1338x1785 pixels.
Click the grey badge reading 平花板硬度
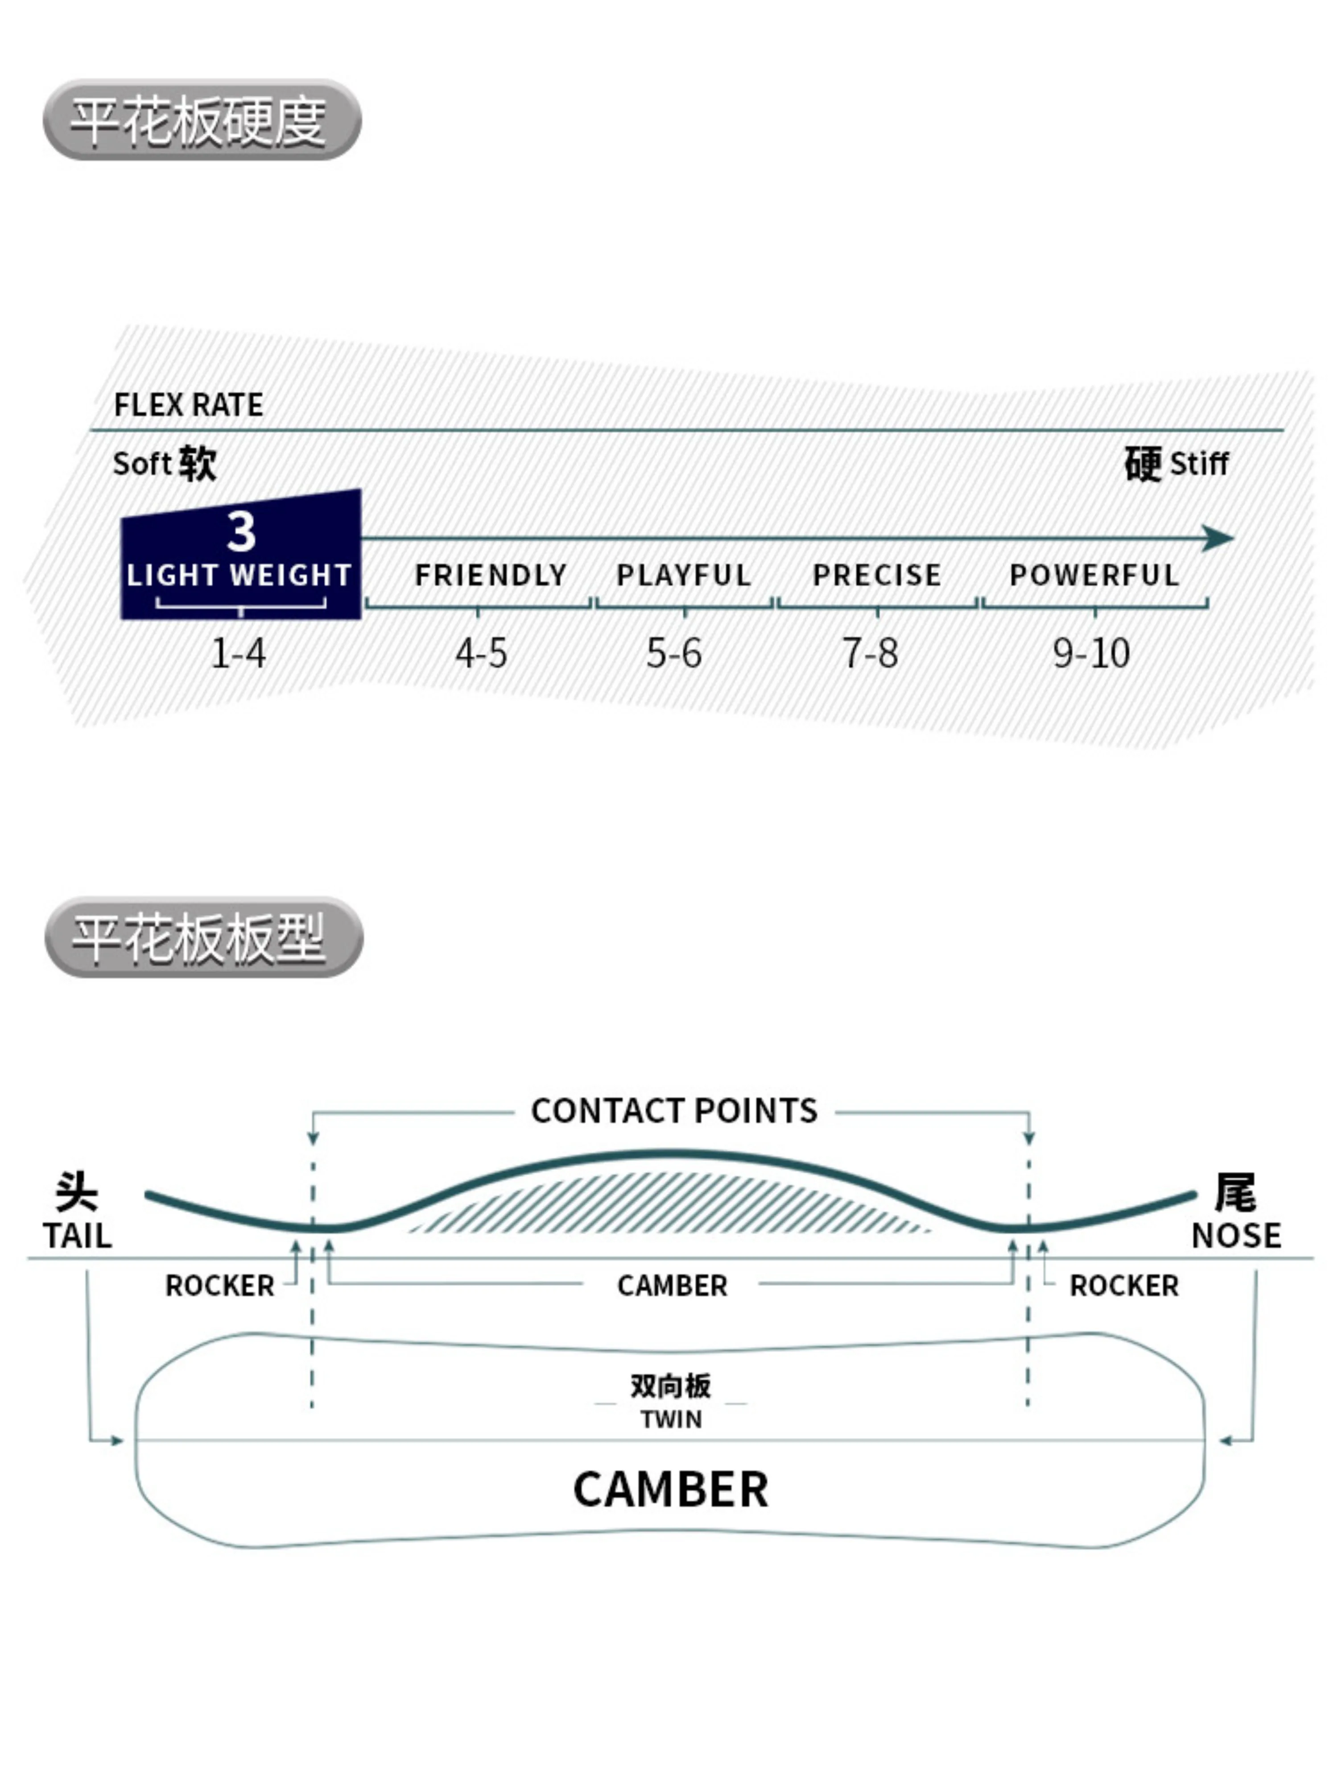pos(202,120)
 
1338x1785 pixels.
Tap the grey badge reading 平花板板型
pos(203,937)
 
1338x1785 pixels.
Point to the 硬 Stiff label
pos(1176,463)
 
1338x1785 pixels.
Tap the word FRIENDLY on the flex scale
pos(490,575)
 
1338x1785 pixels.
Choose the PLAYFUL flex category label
pos(684,575)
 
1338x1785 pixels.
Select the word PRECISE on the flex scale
pos(877,575)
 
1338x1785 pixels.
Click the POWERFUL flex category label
pos(1094,575)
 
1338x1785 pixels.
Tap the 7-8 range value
pos(869,653)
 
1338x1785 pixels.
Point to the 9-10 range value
pos(1091,653)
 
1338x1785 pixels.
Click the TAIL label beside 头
pos(78,1236)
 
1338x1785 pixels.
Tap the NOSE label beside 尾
pos(1236,1236)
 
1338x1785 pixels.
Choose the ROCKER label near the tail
pos(219,1286)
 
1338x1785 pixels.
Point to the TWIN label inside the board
pos(671,1420)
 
